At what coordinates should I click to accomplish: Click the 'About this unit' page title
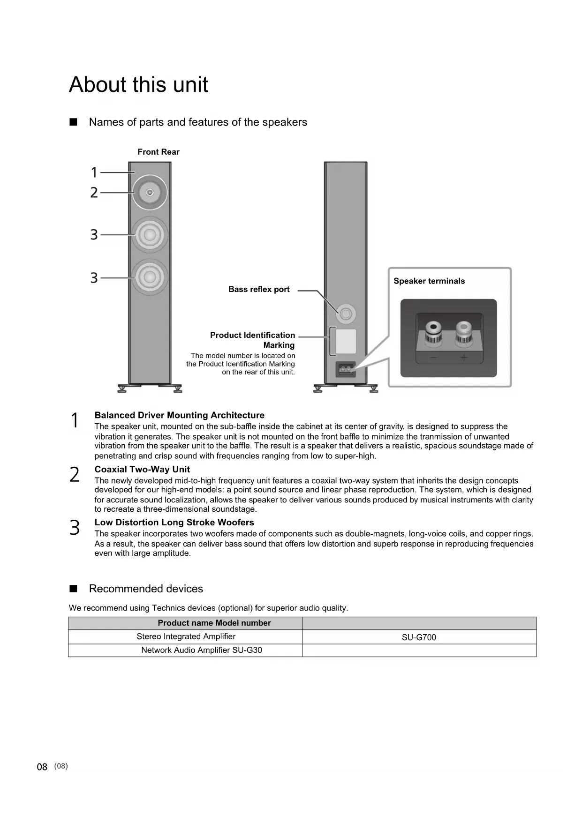pos(138,85)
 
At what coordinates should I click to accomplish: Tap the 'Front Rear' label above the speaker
pos(158,152)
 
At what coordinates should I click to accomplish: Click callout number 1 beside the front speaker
pos(94,172)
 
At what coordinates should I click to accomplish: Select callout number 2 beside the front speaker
pos(94,193)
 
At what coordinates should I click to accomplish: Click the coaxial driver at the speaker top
pos(150,193)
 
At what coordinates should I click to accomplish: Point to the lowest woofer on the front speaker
pos(150,277)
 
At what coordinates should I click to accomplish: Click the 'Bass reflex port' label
pos(259,290)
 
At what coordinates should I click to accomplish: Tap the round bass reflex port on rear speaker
pos(346,313)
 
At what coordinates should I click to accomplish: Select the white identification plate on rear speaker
pos(346,341)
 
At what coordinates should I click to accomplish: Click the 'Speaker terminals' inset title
pos(429,281)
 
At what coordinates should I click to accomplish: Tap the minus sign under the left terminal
pos(433,358)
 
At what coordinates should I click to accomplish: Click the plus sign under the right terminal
pos(463,358)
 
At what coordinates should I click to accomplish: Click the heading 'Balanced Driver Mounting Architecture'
pos(179,415)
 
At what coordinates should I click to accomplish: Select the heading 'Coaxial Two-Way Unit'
pos(142,470)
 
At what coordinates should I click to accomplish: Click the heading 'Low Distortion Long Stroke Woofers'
pos(174,523)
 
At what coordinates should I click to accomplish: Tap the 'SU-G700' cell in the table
pos(419,637)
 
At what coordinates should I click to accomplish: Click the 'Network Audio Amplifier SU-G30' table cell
pos(202,650)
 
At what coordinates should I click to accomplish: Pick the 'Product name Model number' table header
pos(214,623)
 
